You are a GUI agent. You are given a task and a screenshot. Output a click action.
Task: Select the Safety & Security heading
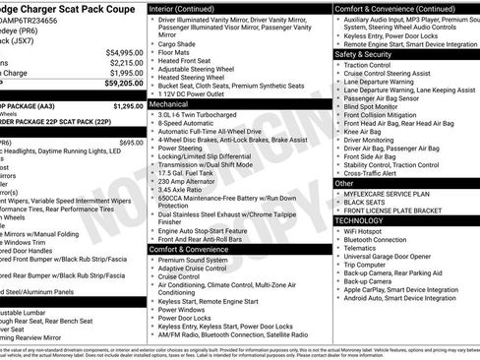[365, 54]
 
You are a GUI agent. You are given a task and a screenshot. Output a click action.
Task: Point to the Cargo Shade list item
[178, 43]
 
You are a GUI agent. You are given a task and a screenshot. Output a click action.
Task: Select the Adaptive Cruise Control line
[193, 268]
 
